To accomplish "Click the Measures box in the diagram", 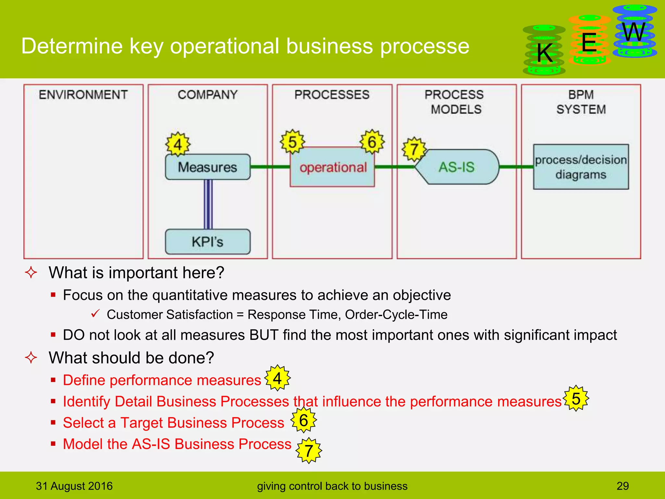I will click(208, 167).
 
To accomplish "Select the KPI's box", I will click(208, 242).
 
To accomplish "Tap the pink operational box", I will click(332, 167).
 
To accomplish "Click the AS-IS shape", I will click(457, 167).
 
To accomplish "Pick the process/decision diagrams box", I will click(581, 167).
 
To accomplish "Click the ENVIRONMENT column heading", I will click(83, 95).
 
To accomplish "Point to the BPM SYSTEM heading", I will click(581, 102).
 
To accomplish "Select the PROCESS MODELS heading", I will click(455, 102).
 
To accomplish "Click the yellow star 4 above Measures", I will click(178, 144).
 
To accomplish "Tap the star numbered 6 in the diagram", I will click(372, 142).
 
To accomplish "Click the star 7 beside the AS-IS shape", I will click(414, 149).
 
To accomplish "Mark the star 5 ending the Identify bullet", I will click(576, 398).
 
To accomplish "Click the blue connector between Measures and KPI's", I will click(208, 204).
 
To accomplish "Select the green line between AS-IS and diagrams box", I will click(516, 167).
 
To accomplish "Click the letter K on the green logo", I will click(545, 53).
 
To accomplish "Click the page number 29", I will click(622, 486).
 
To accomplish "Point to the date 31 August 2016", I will click(74, 486).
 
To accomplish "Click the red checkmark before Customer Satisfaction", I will click(95, 313).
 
